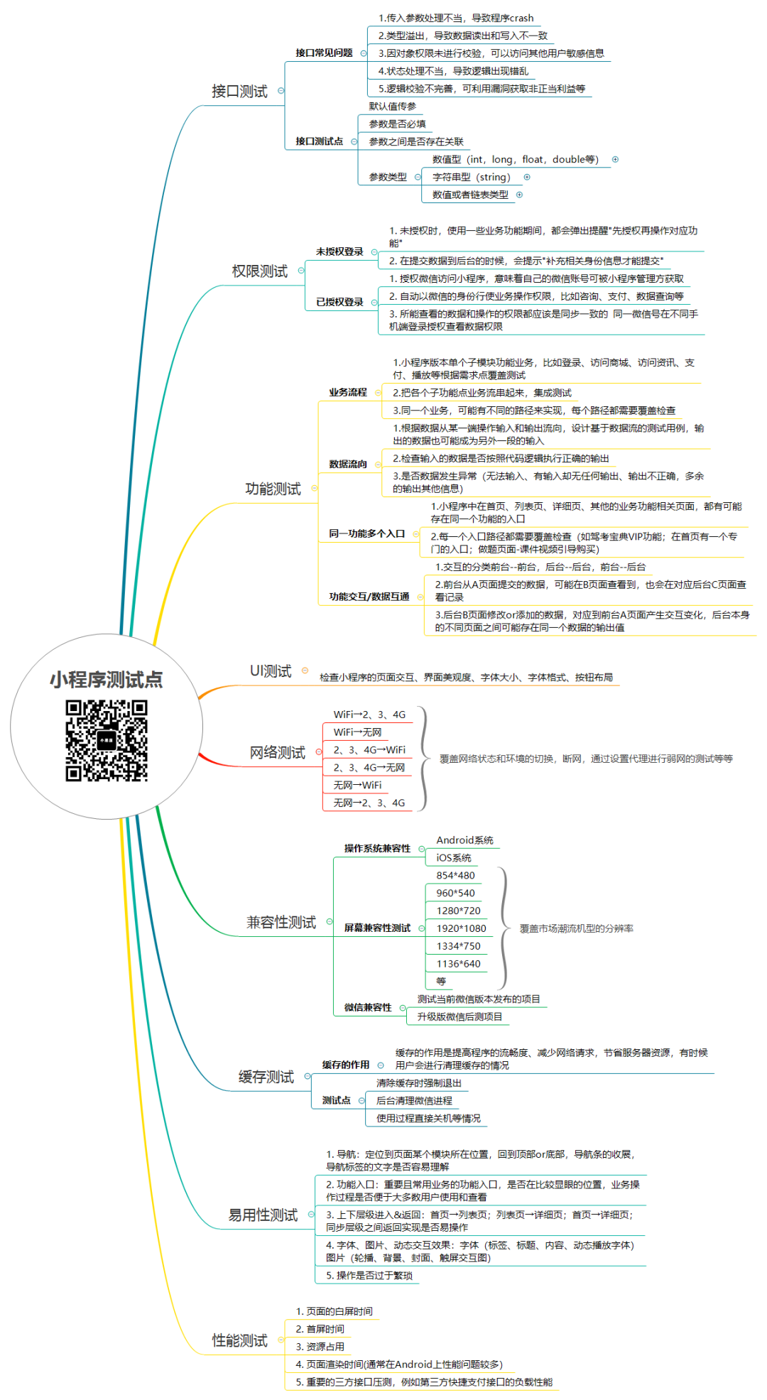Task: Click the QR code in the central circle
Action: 107,740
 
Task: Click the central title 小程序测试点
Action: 107,680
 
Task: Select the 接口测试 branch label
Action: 239,91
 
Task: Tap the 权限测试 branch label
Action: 260,271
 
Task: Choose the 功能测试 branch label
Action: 273,489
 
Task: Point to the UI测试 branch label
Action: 271,671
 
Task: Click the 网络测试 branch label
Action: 277,752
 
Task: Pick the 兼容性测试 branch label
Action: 281,922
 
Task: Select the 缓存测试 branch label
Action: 266,1077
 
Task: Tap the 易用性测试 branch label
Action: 263,1215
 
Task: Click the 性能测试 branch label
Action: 240,1340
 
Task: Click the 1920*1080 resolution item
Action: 461,928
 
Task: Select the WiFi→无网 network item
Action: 357,732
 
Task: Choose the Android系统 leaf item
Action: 464,840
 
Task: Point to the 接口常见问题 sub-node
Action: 324,53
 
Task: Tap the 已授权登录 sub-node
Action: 339,302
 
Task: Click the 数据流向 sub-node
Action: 348,464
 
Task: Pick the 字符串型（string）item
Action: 471,177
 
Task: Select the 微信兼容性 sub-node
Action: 368,1007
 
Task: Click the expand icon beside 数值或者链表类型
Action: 519,195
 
